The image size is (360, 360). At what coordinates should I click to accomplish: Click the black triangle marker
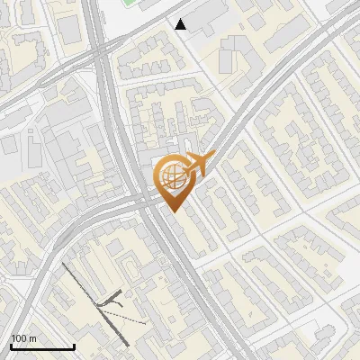(181, 24)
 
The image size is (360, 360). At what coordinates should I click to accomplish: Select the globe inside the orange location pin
(170, 174)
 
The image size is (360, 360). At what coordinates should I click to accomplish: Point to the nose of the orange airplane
(213, 156)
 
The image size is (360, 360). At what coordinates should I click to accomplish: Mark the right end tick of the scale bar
(74, 346)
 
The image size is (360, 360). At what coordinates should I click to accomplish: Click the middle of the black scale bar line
(41, 347)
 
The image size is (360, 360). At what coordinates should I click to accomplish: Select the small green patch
(130, 3)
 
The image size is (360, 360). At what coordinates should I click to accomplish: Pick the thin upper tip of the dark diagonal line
(64, 264)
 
